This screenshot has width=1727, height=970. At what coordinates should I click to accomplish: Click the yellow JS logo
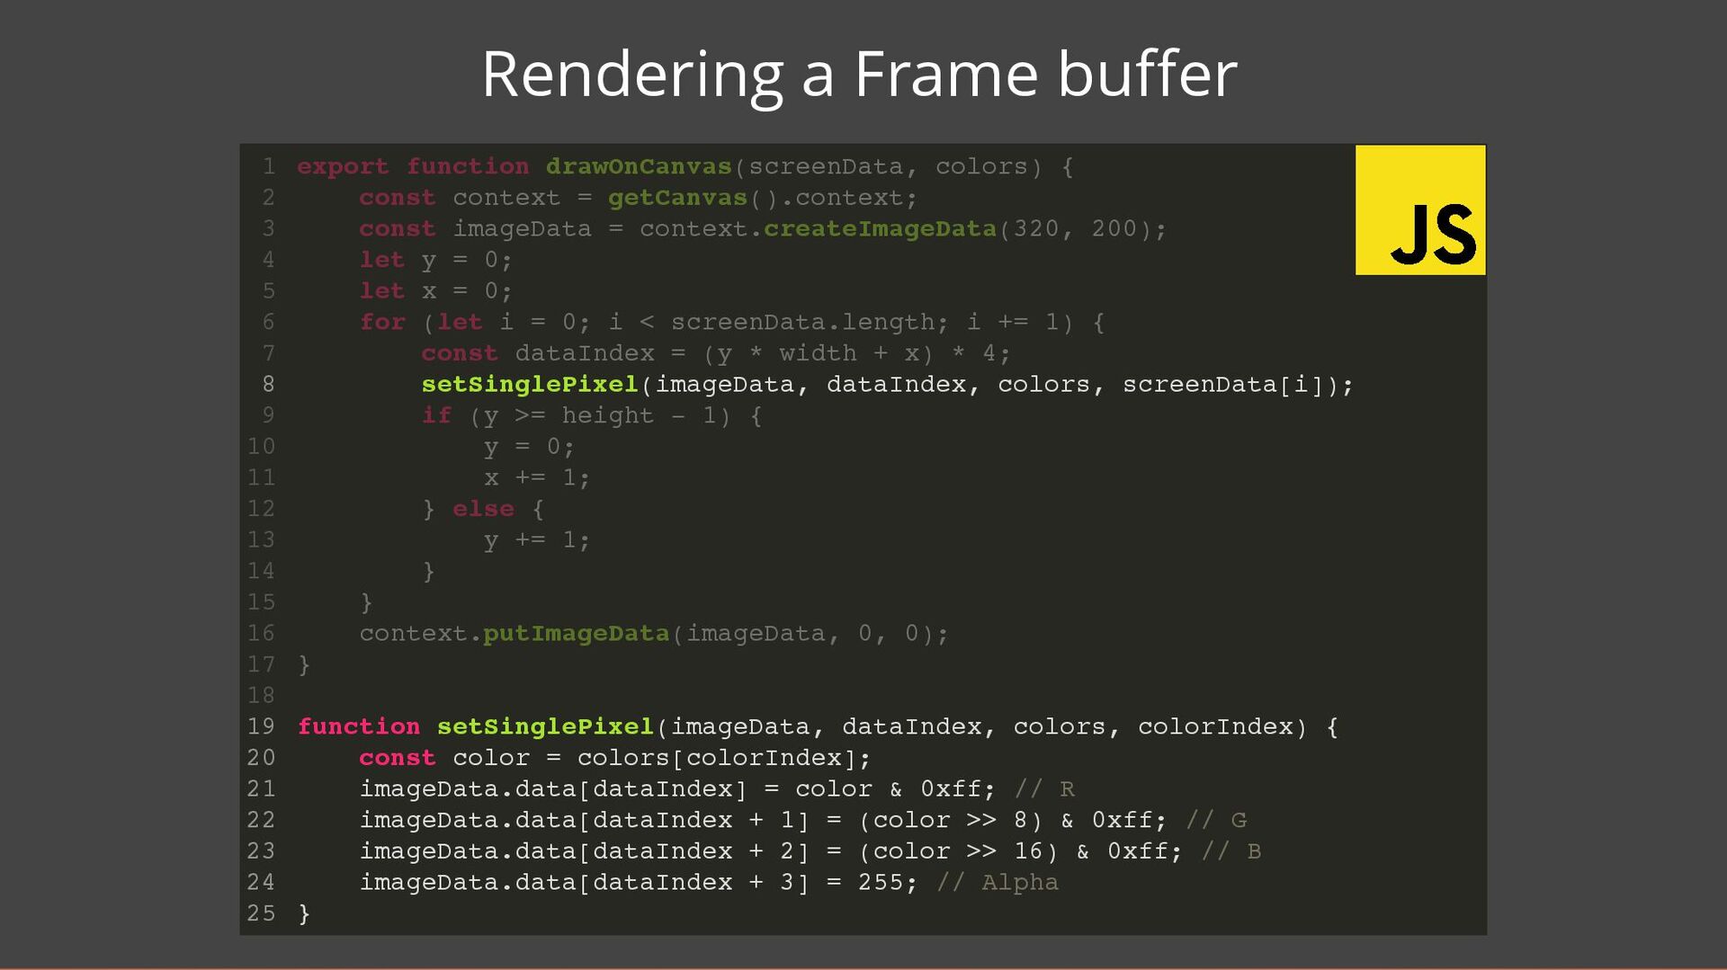click(1420, 209)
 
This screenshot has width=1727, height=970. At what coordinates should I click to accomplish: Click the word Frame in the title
click(945, 74)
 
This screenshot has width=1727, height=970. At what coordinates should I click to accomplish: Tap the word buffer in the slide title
click(1147, 74)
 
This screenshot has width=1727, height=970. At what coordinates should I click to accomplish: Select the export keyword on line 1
click(343, 167)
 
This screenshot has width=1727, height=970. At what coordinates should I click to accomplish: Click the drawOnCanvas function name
click(639, 167)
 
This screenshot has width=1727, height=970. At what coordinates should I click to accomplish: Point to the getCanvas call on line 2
click(677, 198)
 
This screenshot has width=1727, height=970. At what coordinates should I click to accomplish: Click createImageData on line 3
click(880, 229)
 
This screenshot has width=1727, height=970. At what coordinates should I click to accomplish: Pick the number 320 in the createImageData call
click(1036, 229)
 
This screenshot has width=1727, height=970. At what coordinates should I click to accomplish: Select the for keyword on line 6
click(382, 322)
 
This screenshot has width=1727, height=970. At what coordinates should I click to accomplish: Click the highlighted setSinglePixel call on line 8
click(530, 385)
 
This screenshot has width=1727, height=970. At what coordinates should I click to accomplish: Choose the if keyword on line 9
click(436, 415)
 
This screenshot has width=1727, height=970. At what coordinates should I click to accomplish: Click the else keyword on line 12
click(483, 509)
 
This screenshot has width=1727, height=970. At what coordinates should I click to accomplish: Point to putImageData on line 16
click(576, 634)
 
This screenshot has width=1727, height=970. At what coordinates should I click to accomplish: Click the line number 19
click(261, 726)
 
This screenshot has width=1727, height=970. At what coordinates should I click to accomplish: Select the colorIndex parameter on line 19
click(1214, 726)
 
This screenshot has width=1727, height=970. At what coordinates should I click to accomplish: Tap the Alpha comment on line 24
click(1019, 883)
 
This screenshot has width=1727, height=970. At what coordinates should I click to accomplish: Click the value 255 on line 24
click(881, 883)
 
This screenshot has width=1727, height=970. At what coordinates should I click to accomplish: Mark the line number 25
click(261, 913)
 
